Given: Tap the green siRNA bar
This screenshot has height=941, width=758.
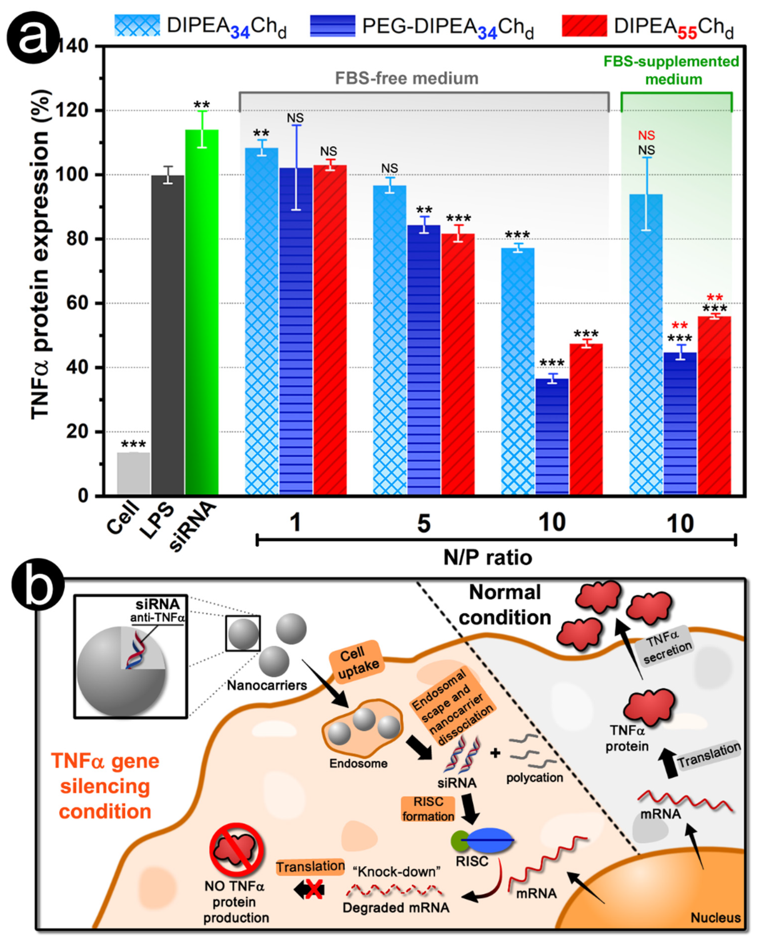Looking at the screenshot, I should [x=202, y=312].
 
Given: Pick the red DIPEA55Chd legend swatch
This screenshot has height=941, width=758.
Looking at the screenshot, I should [x=584, y=26].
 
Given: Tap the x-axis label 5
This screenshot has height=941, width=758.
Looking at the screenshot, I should [x=423, y=524].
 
